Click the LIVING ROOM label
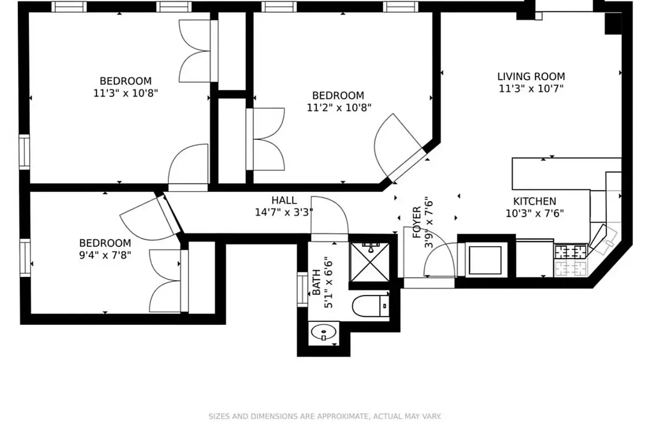coord(531,76)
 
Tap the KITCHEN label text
coord(535,202)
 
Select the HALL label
coord(284,200)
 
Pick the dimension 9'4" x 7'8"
coord(105,255)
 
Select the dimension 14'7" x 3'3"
coord(284,213)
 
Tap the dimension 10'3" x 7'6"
coord(535,214)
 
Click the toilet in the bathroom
coord(369,305)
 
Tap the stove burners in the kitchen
coord(570,260)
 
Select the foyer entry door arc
coord(440,258)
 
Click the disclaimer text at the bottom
coord(324,416)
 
